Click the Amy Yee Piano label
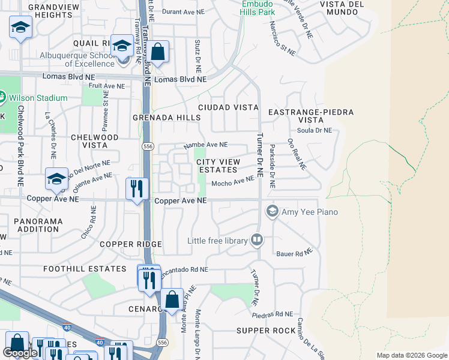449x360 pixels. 310,212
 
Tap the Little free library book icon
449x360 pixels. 257,240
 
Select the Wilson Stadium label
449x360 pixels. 37,98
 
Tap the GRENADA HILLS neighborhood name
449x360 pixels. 166,118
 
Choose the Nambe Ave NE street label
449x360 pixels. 205,145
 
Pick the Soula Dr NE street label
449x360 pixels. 318,130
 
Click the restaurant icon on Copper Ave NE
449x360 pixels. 137,189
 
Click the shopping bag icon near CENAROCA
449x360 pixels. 172,299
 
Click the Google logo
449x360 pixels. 20,353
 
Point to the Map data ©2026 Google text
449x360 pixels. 412,355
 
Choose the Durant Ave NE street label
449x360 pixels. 178,11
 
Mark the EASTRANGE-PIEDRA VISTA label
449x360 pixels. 311,116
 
